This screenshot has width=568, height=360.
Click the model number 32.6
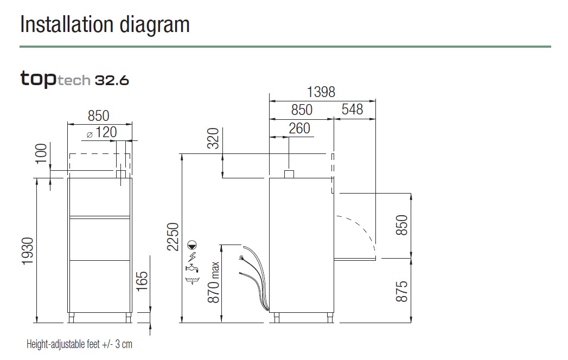click(x=112, y=80)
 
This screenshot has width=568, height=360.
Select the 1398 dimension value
click(x=321, y=92)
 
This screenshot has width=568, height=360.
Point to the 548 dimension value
click(x=352, y=110)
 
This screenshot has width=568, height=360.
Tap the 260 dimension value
click(x=299, y=128)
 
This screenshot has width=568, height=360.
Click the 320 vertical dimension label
click(x=213, y=138)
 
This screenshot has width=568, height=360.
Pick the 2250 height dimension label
click(x=173, y=237)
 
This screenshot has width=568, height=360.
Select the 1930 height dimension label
click(x=28, y=252)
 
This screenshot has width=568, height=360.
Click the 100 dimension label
click(x=41, y=153)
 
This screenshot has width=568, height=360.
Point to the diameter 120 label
click(x=102, y=132)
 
